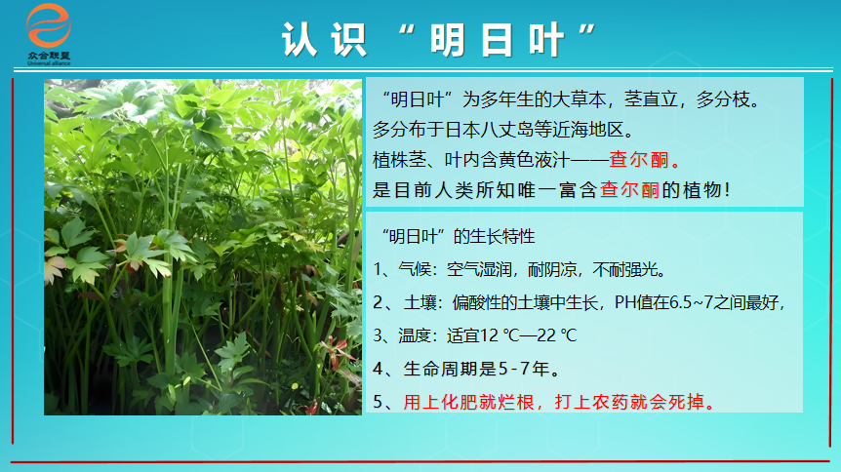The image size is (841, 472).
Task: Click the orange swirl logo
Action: [x=48, y=25]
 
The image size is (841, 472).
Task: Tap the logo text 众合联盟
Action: [x=49, y=56]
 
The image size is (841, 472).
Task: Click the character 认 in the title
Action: [x=300, y=40]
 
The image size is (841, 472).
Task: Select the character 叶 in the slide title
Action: [x=546, y=40]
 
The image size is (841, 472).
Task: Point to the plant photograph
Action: [x=203, y=247]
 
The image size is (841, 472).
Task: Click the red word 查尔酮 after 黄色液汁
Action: [x=639, y=159]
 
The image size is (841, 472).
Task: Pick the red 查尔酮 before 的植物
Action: [x=629, y=190]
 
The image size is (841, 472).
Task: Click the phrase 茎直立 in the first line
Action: [x=651, y=99]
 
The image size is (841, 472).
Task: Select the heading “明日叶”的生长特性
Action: [x=459, y=236]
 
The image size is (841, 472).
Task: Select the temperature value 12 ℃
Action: [x=501, y=335]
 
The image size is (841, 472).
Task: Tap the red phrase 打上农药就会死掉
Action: [x=629, y=402]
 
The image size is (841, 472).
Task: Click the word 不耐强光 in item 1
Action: [x=624, y=269]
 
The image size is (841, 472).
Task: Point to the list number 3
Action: [x=379, y=335]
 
